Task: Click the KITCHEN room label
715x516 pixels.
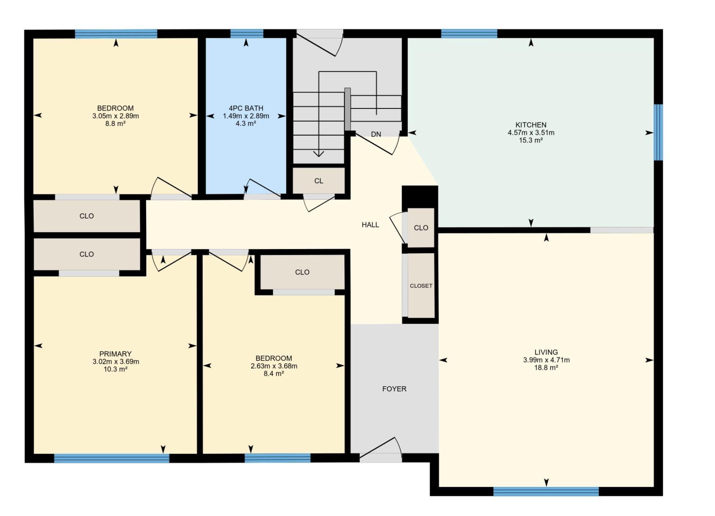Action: pos(531,125)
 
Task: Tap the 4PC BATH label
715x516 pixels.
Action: pos(246,108)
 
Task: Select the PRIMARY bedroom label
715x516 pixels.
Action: pos(115,354)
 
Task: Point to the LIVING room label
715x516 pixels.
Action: pos(546,352)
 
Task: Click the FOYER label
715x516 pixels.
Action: pos(394,389)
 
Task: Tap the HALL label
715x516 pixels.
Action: pos(370,225)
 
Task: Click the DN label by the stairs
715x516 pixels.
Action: pos(376,134)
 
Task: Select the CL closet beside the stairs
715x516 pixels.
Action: pos(318,181)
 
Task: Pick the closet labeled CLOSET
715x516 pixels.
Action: pos(421,286)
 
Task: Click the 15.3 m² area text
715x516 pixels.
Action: pos(531,140)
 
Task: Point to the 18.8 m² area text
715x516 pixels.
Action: pos(546,368)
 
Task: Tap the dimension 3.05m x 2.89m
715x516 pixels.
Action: pos(115,116)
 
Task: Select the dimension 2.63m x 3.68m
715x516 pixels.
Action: pos(274,366)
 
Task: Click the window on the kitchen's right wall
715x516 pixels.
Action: pos(658,132)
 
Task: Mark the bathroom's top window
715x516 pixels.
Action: pos(247,34)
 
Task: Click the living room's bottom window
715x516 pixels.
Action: pos(546,492)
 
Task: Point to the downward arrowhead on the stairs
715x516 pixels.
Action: pos(318,154)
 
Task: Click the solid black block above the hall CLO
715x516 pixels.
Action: pos(420,197)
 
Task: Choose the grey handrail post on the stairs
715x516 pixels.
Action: pos(347,109)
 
